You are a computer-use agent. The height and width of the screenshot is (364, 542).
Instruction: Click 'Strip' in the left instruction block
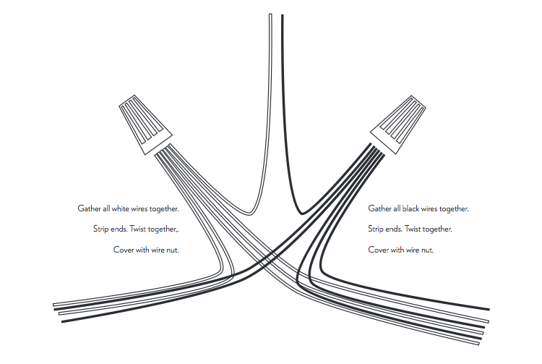102,229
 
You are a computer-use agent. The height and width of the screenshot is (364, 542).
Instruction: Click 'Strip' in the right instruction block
376,229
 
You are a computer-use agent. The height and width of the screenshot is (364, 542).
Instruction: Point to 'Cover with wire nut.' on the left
146,250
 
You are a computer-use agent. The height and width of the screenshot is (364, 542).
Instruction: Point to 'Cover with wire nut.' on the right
401,250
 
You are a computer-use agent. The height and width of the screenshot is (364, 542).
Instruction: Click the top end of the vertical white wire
270,16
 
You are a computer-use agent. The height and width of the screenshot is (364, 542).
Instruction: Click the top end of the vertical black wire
282,16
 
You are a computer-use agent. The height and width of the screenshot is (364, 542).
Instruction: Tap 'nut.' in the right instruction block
426,250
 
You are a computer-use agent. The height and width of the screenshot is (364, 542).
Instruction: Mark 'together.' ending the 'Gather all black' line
454,208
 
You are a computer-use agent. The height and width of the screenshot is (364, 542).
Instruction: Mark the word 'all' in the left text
106,208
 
